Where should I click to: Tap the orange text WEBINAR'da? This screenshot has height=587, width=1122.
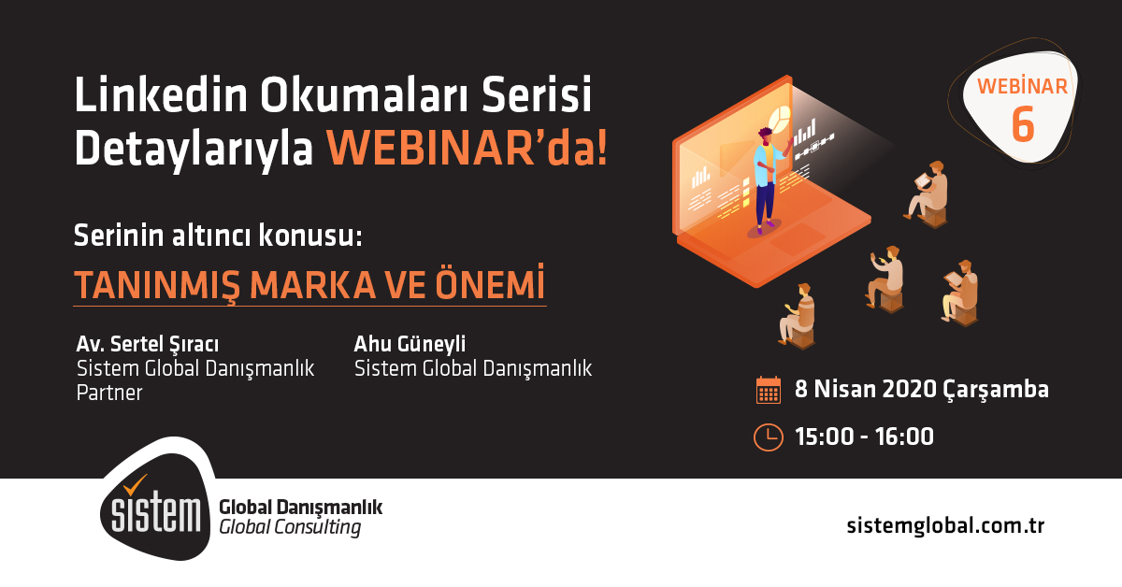467,149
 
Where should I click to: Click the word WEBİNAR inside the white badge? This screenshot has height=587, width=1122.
1022,87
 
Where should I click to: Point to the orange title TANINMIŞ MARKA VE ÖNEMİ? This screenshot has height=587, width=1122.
309,284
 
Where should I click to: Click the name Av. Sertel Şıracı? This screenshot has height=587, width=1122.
153,344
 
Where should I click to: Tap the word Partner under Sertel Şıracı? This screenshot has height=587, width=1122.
109,393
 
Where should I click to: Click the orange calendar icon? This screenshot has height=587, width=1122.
768,390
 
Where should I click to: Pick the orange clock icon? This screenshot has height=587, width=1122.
768,437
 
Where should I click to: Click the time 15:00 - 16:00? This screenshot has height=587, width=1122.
864,437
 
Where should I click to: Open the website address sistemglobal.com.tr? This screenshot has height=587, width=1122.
944,525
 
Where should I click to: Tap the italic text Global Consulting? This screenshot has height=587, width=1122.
289,528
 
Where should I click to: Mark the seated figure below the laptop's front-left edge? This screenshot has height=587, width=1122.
798,315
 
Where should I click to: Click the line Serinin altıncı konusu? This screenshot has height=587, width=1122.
217,236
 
